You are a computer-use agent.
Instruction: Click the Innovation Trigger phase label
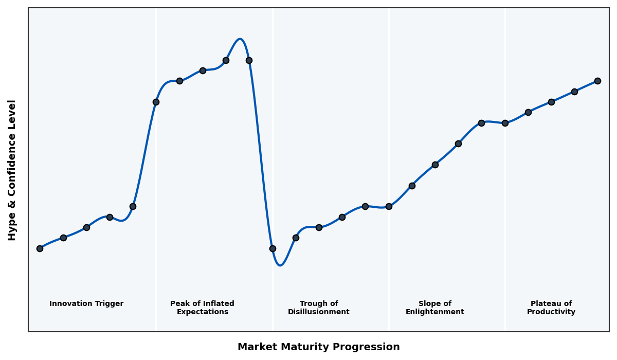[x=86, y=304]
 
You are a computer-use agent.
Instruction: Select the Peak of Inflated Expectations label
[x=202, y=308]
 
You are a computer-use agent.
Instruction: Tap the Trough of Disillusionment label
[x=318, y=308]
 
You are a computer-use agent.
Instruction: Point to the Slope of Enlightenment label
[x=434, y=308]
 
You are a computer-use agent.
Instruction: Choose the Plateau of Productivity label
[x=551, y=308]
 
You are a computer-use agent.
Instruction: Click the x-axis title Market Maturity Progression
[x=318, y=347]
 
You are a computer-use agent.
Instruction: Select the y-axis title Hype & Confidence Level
[x=12, y=170]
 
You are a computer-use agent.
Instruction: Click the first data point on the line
[x=40, y=248]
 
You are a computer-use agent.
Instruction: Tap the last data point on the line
[x=597, y=81]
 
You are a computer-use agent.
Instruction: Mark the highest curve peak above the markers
[x=240, y=39]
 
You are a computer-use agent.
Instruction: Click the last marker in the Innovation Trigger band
[x=133, y=206]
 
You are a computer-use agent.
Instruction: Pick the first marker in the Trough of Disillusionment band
[x=273, y=248]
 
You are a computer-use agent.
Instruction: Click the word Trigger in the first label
[x=108, y=304]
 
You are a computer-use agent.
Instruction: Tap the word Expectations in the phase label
[x=202, y=312]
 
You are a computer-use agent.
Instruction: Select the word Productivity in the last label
[x=551, y=312]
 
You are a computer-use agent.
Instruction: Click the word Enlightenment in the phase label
[x=434, y=312]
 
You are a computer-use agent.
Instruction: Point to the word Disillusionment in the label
[x=318, y=312]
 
